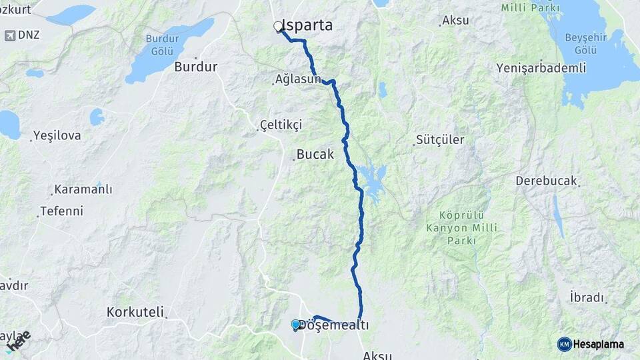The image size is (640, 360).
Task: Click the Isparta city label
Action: [308, 25]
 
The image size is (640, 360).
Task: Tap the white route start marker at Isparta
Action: [278, 27]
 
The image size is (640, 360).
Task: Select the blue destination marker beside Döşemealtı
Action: [295, 325]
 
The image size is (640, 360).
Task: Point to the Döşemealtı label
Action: [334, 325]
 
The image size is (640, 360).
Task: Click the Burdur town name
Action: [196, 67]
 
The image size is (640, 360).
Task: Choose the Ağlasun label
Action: [298, 79]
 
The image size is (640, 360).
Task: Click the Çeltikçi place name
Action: [281, 125]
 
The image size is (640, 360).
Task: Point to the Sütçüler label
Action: [439, 139]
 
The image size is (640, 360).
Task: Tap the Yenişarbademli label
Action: [541, 68]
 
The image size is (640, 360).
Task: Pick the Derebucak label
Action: [546, 181]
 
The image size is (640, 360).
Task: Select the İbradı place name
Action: [586, 297]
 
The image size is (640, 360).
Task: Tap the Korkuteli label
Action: [136, 311]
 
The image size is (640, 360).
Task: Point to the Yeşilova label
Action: [58, 135]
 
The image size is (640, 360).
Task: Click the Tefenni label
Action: [61, 211]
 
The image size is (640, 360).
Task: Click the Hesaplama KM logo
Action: [565, 344]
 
